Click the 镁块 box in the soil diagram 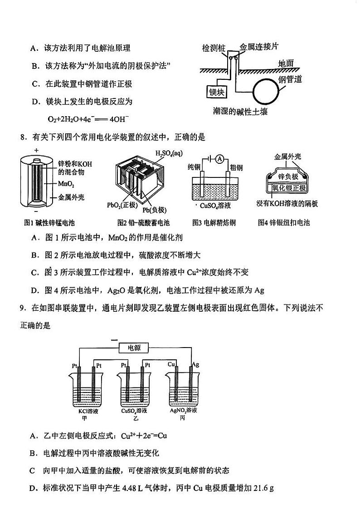pyautogui.click(x=217, y=92)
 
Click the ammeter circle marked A pyautogui.click(x=219, y=158)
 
